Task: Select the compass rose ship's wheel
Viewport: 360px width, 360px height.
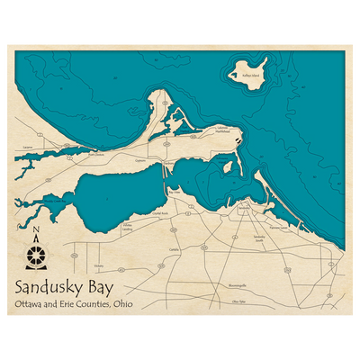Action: click(35, 256)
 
